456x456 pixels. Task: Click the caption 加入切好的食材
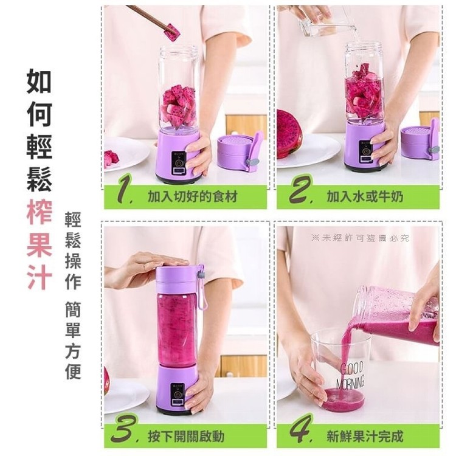coord(193,196)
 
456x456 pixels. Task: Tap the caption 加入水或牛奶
coord(365,196)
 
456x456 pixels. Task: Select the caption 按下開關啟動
coord(186,436)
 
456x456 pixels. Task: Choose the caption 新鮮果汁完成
coord(365,436)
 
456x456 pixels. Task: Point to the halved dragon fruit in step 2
coord(289,134)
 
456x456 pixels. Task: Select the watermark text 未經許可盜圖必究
coord(360,238)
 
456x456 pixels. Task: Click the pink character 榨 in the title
coord(40,212)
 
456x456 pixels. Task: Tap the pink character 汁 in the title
coord(40,277)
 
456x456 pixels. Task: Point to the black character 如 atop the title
coord(39,81)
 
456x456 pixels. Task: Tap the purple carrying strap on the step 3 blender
coord(201,287)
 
